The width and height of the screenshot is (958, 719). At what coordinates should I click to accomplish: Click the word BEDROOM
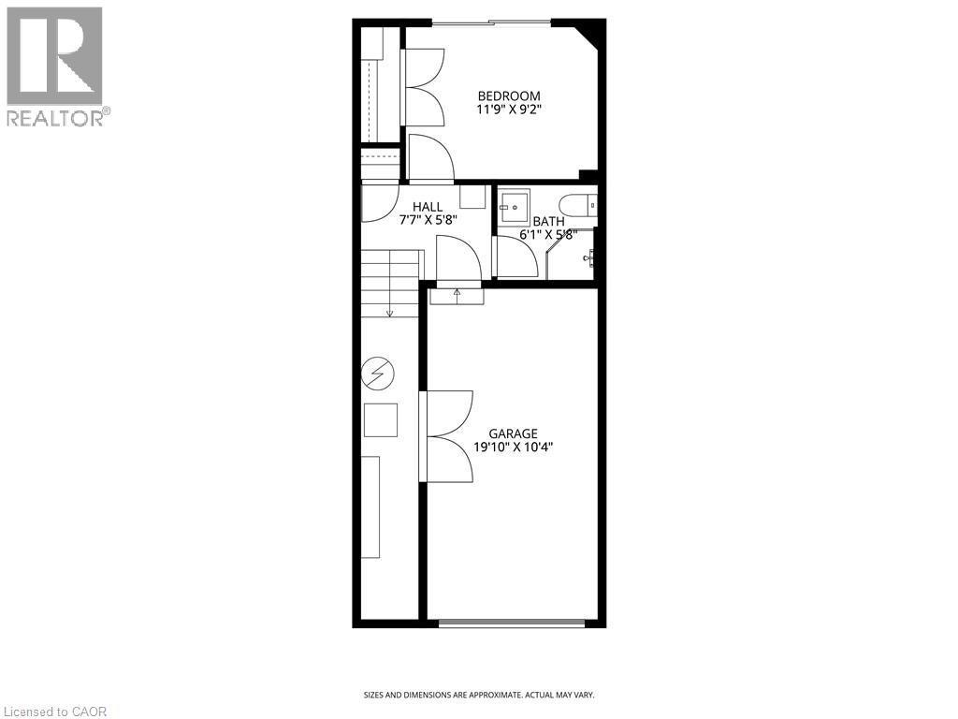point(509,95)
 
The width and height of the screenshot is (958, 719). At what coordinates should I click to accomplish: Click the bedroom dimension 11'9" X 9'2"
point(509,110)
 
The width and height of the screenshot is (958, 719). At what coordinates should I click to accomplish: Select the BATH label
point(548,222)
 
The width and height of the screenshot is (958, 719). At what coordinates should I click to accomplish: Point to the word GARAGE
point(514,433)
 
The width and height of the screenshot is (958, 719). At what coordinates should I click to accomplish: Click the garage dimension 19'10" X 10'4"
point(514,448)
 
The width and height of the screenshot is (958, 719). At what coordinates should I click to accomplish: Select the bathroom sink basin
point(513,206)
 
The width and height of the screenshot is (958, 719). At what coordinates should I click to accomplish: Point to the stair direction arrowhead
point(389,312)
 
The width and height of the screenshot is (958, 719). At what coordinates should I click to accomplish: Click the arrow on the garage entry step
point(457,293)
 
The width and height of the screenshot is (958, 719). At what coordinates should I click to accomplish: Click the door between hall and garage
point(458,259)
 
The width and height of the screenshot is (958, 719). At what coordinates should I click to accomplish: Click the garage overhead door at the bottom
point(513,622)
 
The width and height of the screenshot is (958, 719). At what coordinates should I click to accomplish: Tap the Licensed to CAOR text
point(55,712)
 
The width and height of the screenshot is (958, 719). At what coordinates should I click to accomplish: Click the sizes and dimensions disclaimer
point(479,695)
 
